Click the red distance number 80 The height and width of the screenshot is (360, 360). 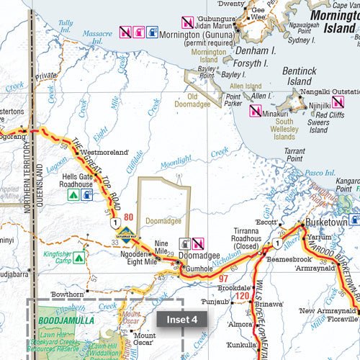(x=129, y=217)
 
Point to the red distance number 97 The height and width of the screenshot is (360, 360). (x=222, y=279)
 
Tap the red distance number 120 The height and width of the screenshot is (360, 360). (x=243, y=296)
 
